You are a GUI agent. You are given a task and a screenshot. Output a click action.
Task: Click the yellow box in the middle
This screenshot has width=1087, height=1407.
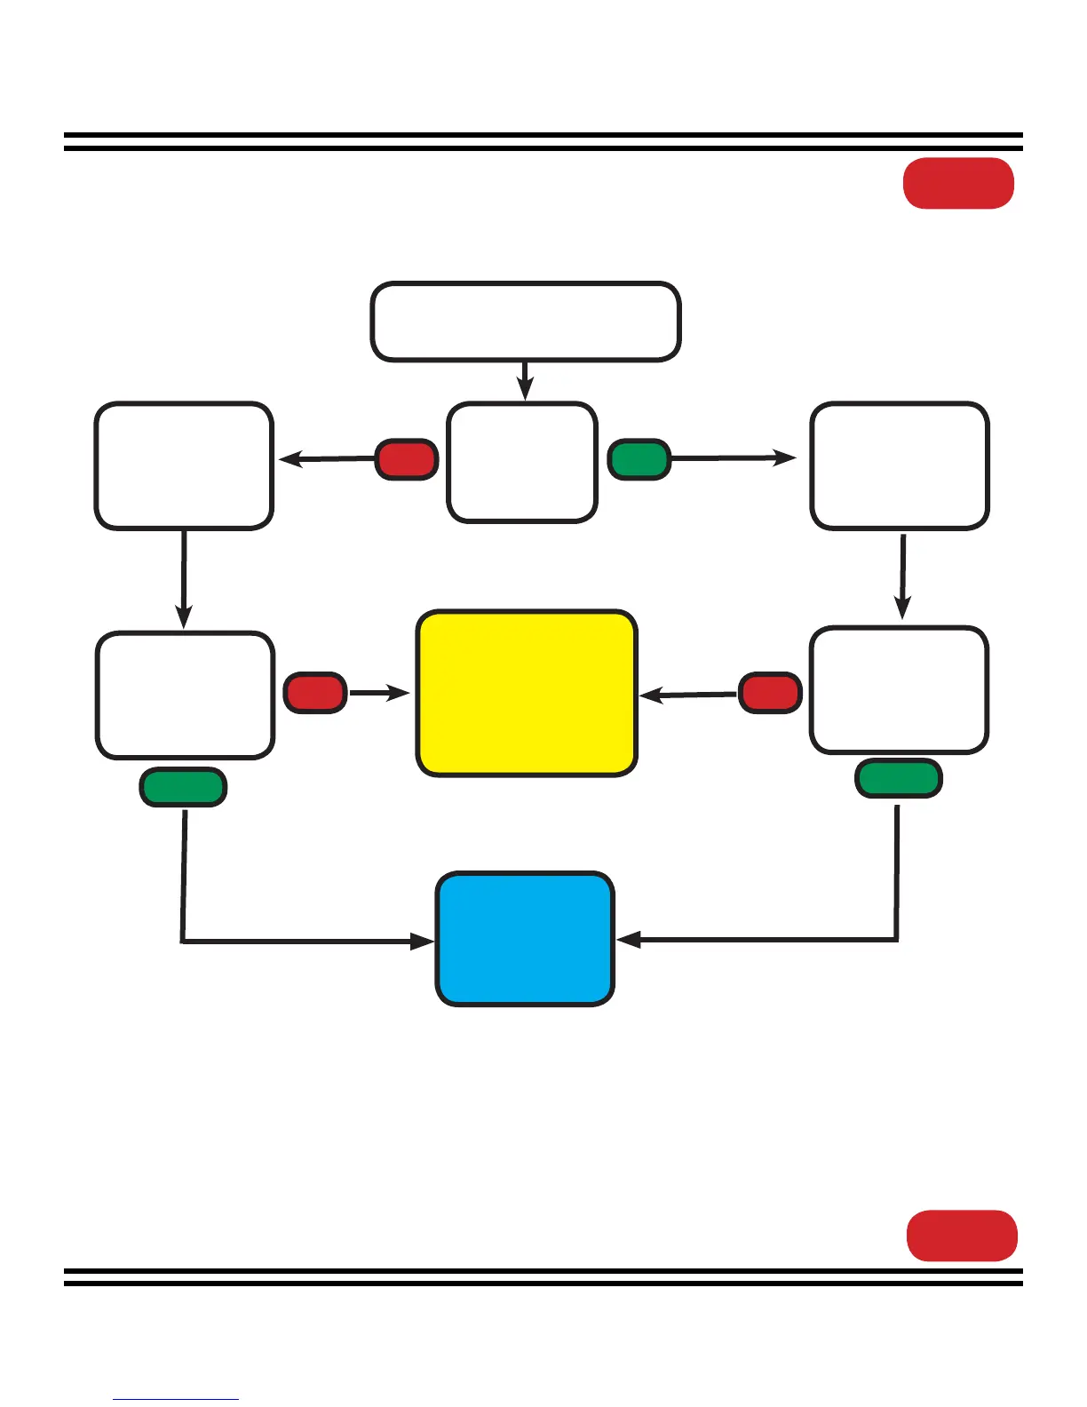(x=527, y=693)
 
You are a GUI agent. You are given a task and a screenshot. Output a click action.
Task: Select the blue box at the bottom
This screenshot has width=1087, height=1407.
(x=525, y=939)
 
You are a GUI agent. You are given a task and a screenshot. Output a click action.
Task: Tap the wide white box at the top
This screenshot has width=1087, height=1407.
(x=525, y=322)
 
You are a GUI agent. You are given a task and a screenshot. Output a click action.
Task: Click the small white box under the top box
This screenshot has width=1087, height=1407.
(x=522, y=462)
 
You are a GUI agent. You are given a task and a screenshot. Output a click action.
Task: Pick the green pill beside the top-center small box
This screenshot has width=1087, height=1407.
(x=639, y=459)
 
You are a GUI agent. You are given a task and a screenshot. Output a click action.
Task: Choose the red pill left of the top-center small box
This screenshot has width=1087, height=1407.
(x=406, y=459)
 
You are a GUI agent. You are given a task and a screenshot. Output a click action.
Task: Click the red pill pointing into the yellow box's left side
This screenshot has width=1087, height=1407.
(x=314, y=693)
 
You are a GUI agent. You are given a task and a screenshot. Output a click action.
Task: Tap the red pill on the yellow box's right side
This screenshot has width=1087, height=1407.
(x=770, y=693)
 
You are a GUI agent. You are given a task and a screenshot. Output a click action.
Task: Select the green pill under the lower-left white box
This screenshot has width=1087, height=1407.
(x=183, y=787)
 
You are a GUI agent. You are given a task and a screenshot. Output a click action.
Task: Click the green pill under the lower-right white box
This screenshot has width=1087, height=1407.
(x=898, y=778)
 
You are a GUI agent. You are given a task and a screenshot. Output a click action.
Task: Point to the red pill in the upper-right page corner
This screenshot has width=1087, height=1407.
(x=958, y=183)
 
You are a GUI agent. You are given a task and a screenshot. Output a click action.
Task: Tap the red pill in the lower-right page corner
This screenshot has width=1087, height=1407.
(x=962, y=1235)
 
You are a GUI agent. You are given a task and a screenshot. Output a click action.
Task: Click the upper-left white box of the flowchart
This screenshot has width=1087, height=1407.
(x=184, y=465)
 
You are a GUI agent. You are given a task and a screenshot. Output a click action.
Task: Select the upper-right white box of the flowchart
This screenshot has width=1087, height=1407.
(x=900, y=465)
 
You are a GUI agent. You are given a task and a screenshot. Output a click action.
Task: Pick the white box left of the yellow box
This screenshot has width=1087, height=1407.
(x=185, y=695)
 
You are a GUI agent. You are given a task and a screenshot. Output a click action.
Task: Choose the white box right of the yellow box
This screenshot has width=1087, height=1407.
(x=899, y=690)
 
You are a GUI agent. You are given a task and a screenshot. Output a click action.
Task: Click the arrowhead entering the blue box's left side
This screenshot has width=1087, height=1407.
(x=423, y=941)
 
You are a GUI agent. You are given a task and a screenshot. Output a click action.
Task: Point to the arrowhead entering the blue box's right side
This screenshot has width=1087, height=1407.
(x=628, y=939)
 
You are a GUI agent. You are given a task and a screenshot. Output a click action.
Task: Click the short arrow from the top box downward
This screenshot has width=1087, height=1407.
(x=525, y=382)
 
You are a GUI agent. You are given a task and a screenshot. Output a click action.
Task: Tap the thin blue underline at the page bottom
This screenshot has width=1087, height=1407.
(x=176, y=1399)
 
